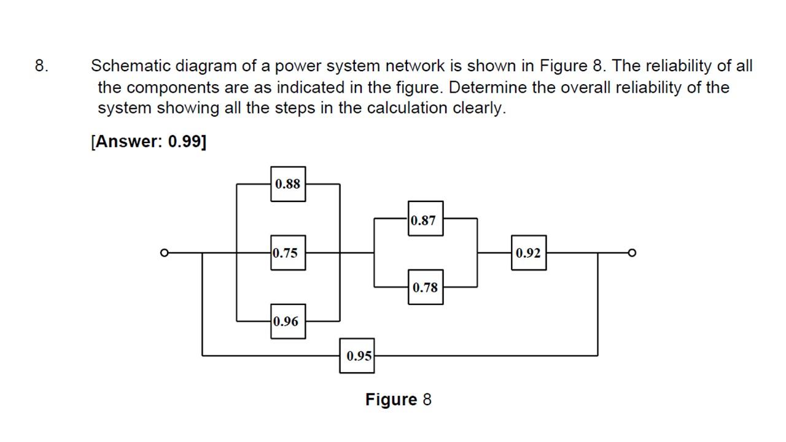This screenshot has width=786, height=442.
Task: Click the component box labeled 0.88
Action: [287, 184]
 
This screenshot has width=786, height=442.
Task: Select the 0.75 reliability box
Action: [287, 252]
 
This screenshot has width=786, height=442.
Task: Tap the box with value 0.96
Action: [287, 321]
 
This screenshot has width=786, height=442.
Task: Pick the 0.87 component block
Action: [425, 219]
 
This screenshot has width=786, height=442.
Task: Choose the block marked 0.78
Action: [425, 287]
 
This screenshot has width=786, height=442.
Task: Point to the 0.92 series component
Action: [528, 252]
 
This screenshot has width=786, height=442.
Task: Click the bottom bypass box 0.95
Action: [357, 355]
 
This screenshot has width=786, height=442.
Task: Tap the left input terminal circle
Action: [163, 252]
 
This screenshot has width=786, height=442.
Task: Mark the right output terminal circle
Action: [632, 252]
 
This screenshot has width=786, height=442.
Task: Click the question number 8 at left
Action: [41, 66]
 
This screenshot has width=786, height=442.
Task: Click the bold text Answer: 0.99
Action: [149, 141]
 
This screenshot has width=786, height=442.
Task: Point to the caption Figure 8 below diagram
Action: [398, 400]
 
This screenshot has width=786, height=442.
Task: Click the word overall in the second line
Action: [585, 87]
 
